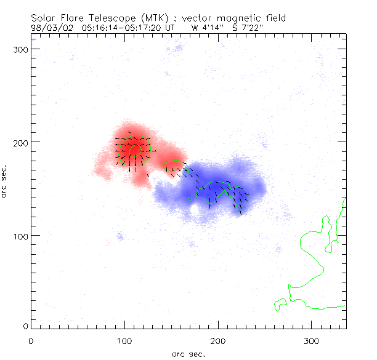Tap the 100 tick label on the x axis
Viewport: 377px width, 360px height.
[x=124, y=340]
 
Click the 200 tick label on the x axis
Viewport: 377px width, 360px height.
[x=218, y=340]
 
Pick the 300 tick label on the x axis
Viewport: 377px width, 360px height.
[x=312, y=340]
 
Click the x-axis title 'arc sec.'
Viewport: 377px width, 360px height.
[x=188, y=354]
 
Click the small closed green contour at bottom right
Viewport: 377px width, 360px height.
[x=280, y=304]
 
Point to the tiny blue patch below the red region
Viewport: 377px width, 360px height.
[x=120, y=236]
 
